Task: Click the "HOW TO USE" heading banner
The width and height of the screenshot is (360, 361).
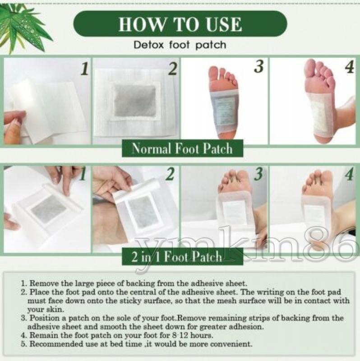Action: point(180,23)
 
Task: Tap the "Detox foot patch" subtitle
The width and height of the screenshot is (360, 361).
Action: point(180,45)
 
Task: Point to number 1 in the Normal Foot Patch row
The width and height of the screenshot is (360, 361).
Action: point(84,69)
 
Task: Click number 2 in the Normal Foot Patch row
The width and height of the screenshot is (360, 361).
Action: point(172,69)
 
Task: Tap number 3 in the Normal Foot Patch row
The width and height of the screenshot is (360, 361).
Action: point(258,67)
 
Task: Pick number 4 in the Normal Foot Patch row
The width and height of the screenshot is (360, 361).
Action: point(349,67)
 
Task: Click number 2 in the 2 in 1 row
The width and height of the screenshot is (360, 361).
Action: point(170,175)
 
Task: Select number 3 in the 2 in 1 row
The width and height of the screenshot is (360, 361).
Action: point(258,175)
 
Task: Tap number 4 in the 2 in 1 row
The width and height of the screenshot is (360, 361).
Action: point(349,175)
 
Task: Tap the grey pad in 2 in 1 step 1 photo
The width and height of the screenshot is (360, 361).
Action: point(48,208)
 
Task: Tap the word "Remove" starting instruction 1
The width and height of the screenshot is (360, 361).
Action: point(42,283)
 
